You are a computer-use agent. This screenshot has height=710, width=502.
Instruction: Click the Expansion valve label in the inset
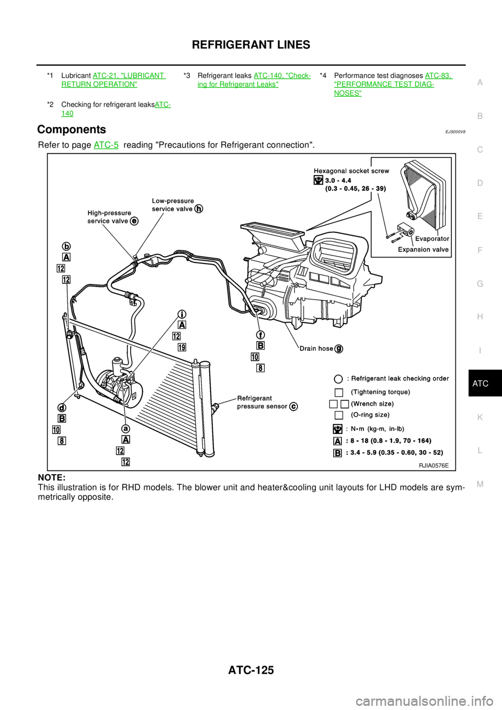pyautogui.click(x=423, y=249)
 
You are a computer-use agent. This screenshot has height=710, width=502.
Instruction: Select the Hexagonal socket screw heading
pyautogui.click(x=351, y=171)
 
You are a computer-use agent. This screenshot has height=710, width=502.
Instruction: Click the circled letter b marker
pyautogui.click(x=67, y=247)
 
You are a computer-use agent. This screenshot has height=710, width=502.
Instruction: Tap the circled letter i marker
pyautogui.click(x=182, y=314)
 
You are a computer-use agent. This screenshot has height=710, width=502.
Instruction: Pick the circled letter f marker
pyautogui.click(x=260, y=335)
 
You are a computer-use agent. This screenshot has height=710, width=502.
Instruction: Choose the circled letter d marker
pyautogui.click(x=62, y=408)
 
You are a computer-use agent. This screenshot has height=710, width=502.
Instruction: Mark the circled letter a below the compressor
pyautogui.click(x=126, y=429)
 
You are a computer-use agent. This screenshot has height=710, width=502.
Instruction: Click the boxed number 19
pyautogui.click(x=181, y=347)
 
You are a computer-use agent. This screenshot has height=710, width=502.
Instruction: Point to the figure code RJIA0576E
pyautogui.click(x=433, y=465)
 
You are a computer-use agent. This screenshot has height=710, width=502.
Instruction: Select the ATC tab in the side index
pyautogui.click(x=480, y=384)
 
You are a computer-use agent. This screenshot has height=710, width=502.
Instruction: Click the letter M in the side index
pyautogui.click(x=480, y=484)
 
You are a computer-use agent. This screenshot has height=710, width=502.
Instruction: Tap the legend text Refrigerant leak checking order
pyautogui.click(x=398, y=379)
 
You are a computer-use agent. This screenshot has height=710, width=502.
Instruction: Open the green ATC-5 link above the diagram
pyautogui.click(x=106, y=145)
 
